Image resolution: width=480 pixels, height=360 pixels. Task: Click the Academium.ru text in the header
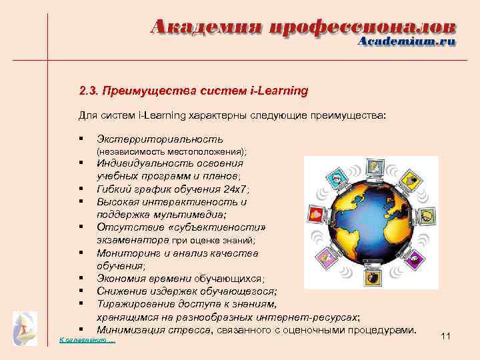[407, 41]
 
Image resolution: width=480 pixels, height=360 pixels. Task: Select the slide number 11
[446, 337]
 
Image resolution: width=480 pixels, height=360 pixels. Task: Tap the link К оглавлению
[87, 341]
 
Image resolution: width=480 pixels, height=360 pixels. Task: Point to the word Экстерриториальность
[159, 139]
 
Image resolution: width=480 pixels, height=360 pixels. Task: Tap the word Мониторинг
[127, 253]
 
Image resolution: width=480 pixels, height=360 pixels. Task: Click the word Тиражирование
[135, 304]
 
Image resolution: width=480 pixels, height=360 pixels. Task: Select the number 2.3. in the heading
[87, 89]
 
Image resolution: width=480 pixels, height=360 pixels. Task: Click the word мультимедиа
[196, 214]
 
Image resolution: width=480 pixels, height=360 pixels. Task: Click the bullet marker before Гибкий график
[80, 189]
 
